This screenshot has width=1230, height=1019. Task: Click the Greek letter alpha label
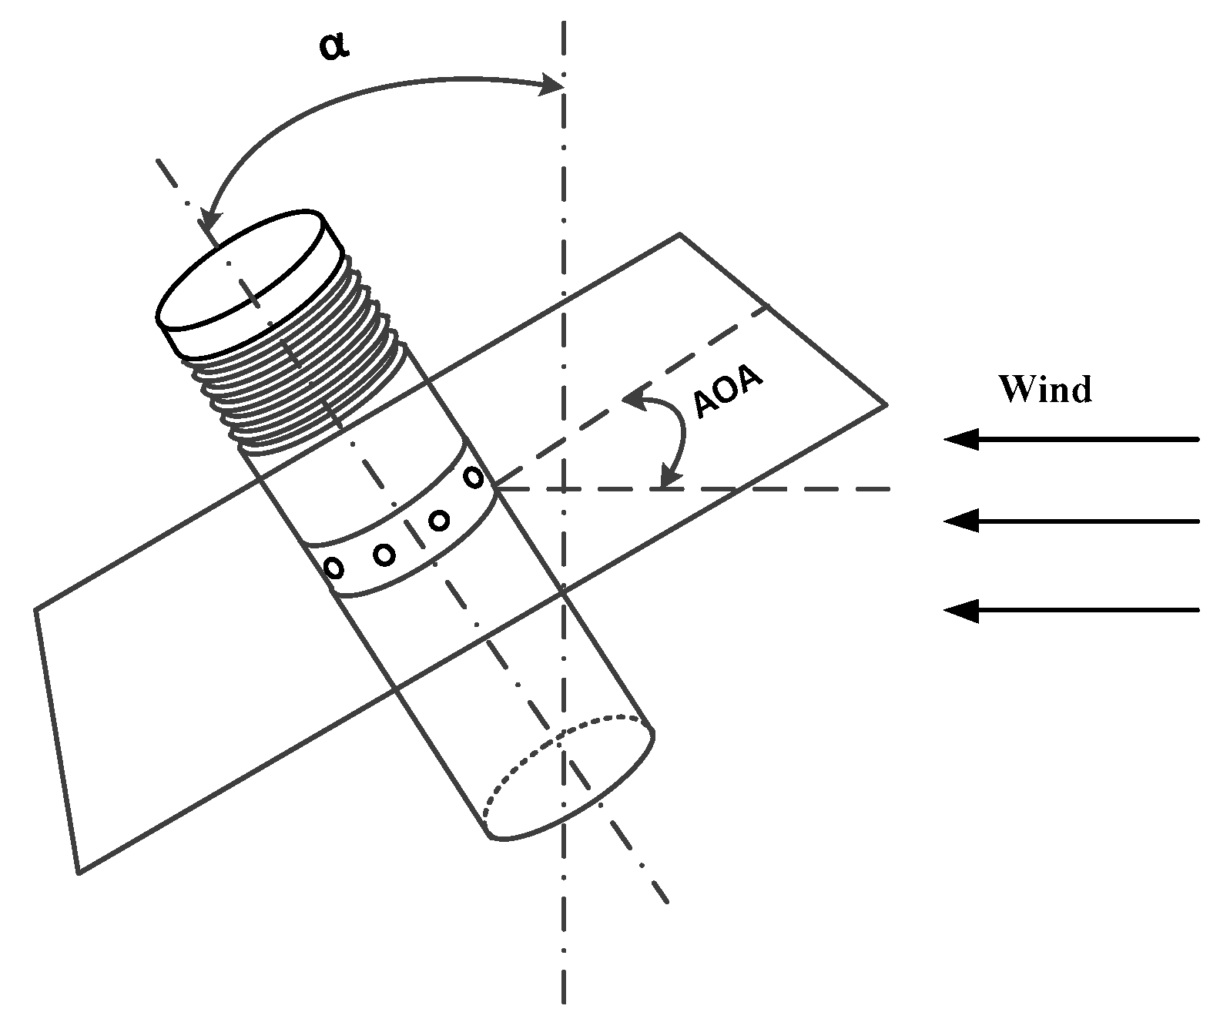[x=333, y=46]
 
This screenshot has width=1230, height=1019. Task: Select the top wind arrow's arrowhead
[x=960, y=440]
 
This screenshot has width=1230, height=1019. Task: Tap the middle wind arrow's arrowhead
[x=960, y=521]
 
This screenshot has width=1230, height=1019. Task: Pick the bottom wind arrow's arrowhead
[x=960, y=611]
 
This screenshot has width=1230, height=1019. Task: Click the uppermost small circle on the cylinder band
[x=473, y=477]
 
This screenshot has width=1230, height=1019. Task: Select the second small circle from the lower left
[x=384, y=553]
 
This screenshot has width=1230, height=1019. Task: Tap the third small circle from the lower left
[x=439, y=521]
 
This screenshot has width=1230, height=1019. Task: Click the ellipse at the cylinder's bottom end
[x=568, y=778]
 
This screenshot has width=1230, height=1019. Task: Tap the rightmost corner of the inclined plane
[x=886, y=404]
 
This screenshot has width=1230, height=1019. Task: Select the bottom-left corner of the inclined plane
[x=79, y=873]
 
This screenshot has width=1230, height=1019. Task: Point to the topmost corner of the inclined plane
[x=679, y=233]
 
